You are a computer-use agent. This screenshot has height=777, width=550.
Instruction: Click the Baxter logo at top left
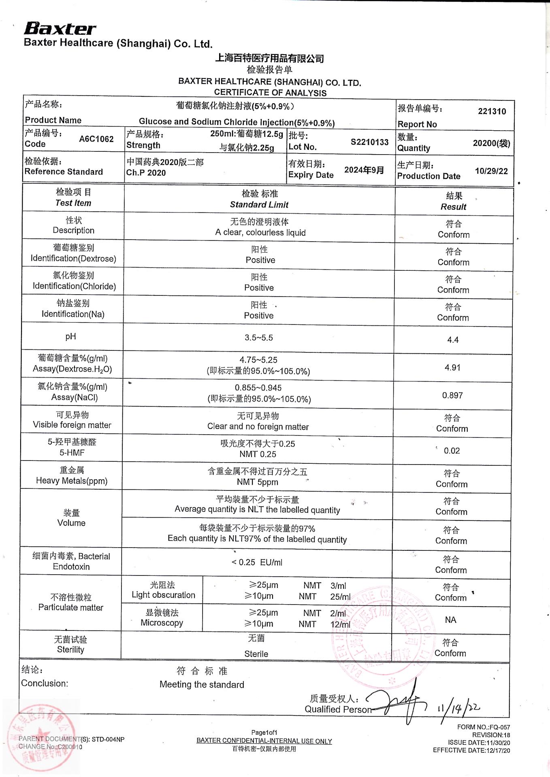60,28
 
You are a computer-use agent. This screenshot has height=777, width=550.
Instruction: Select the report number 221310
492,111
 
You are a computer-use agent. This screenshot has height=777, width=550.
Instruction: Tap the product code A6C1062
96,139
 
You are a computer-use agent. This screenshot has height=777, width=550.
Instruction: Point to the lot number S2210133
369,142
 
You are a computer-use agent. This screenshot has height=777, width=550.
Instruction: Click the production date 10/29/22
491,171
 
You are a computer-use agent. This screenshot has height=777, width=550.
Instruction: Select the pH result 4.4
453,340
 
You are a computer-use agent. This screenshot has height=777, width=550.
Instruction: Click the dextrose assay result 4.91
452,367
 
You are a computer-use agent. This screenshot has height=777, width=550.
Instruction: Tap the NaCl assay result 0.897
452,395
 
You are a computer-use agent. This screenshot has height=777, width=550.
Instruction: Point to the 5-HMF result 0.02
452,451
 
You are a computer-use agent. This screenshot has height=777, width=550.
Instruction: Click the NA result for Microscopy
450,620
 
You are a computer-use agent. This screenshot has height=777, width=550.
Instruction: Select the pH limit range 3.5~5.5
259,338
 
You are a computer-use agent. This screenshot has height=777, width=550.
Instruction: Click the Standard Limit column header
259,205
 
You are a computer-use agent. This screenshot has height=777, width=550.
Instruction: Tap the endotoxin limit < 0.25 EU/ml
257,562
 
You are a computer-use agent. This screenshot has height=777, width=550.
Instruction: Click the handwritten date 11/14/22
458,708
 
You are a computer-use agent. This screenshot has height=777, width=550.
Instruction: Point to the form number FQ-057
484,727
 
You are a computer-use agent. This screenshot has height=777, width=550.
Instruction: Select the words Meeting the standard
202,684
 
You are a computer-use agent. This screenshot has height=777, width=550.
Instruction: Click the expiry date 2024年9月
364,170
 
